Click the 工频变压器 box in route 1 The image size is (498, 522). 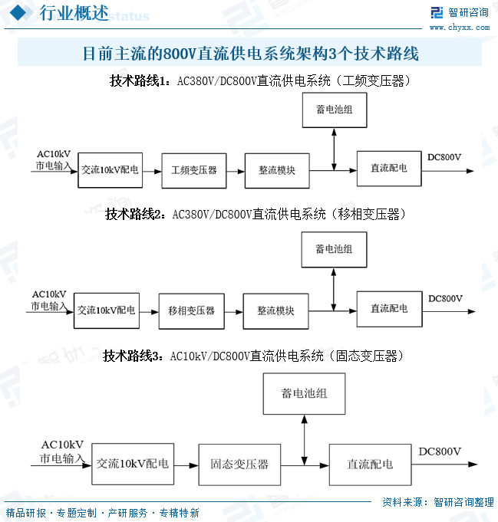194,170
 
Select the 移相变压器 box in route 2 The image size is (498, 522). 191,310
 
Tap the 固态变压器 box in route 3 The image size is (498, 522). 239,464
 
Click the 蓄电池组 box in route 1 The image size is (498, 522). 334,110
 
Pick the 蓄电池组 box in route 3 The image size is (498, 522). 304,393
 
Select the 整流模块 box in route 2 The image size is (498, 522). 275,310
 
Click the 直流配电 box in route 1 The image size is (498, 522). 389,168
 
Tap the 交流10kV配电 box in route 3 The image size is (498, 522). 133,464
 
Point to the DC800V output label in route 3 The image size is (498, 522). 440,451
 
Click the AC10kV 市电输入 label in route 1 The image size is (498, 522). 53,159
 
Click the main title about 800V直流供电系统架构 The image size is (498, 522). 250,54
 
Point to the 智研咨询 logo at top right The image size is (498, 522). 459,11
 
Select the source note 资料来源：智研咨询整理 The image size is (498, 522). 437,502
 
